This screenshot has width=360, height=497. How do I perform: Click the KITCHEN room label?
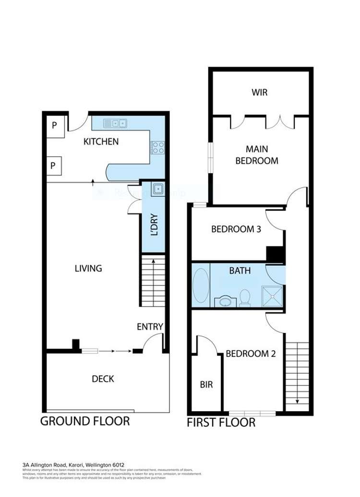click(x=101, y=142)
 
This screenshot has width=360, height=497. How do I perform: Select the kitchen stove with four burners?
click(x=158, y=147)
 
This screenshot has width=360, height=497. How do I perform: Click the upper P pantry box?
click(x=55, y=126)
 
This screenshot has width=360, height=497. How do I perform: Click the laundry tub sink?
click(x=158, y=189)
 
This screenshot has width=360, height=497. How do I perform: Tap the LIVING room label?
click(x=88, y=268)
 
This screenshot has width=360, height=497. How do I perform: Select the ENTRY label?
click(x=150, y=327)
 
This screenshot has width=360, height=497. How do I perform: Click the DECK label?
click(x=103, y=379)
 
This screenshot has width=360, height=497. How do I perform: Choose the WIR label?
click(x=259, y=92)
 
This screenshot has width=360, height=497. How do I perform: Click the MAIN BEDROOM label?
click(x=257, y=155)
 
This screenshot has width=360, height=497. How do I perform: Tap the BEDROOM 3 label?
click(x=236, y=229)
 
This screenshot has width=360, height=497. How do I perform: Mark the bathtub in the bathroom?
click(x=201, y=285)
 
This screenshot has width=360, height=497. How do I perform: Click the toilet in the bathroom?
click(x=245, y=297)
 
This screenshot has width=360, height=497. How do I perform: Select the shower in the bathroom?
click(x=272, y=296)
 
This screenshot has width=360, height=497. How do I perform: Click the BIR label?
click(x=206, y=385)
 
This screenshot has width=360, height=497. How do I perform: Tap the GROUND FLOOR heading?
click(x=85, y=421)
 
